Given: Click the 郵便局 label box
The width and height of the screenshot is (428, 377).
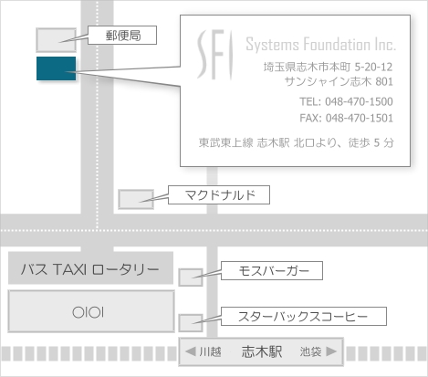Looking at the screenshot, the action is [122, 36].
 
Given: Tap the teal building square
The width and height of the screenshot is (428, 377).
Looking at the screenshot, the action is [56, 68].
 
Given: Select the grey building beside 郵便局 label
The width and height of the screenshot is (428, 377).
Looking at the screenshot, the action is [56, 40].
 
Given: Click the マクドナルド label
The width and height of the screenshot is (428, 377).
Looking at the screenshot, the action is [219, 194].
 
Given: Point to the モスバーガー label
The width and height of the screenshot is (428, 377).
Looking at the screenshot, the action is [272, 270].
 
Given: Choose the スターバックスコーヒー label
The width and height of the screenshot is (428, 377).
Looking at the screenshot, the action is [304, 317].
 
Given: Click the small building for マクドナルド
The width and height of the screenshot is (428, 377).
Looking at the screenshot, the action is [136, 199].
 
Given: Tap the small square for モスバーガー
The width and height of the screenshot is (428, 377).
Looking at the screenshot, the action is [191, 278].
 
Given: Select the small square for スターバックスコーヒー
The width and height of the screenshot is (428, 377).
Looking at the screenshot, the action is [191, 323].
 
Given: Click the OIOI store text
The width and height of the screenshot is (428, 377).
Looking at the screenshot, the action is [89, 312].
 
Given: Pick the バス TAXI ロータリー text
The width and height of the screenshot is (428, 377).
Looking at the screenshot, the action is [90, 269].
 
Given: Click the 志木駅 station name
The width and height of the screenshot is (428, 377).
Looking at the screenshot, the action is [262, 351].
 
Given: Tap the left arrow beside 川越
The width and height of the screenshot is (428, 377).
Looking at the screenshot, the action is [191, 351].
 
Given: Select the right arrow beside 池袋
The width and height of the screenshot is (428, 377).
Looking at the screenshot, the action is [331, 351].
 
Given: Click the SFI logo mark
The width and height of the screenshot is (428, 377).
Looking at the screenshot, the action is [215, 55].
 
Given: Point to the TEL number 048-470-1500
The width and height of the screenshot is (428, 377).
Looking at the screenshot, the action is [359, 101].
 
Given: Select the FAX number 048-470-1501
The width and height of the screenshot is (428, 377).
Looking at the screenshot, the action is [360, 118].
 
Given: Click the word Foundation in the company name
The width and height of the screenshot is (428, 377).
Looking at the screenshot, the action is [336, 45].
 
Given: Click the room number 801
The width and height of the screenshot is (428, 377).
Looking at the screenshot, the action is [384, 81].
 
